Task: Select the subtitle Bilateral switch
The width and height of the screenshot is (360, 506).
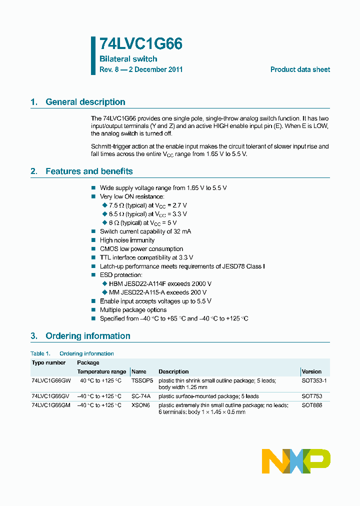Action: pos(128,59)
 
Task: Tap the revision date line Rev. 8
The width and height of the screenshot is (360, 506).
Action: pos(141,69)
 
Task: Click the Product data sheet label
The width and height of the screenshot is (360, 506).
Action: pos(300,69)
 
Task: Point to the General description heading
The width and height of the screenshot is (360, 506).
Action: pos(85,102)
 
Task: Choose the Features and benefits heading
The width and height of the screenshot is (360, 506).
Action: pos(89,171)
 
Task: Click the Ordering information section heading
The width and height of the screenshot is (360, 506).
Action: pos(87,336)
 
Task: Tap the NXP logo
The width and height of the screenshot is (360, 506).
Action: pos(296,461)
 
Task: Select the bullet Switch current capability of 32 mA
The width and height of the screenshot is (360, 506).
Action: pos(145,231)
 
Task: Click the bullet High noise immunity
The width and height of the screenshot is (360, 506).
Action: pos(127,240)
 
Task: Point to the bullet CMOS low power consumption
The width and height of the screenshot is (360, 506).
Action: pos(141,249)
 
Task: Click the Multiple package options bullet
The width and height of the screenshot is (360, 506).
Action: pos(133,310)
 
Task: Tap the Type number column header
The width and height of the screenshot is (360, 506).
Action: pos(48,362)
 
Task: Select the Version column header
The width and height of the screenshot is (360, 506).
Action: pos(311,371)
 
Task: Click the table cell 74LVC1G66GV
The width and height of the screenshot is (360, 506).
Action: pos(51,396)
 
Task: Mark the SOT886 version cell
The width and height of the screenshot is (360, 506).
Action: pos(311,405)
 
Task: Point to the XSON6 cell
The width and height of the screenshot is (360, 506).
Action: pos(140,405)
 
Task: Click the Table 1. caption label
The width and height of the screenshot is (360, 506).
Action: pos(40,353)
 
